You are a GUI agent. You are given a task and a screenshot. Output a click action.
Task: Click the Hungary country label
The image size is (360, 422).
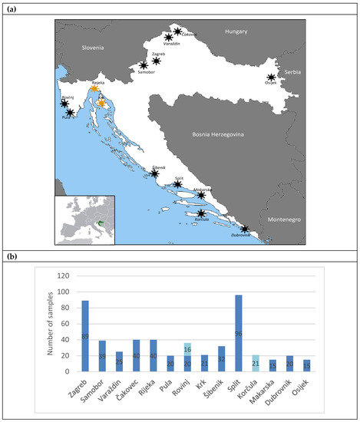tap(236, 31)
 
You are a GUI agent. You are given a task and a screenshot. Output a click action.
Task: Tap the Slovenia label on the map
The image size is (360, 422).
tap(97, 47)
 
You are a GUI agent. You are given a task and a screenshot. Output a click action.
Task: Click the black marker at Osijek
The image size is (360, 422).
tap(271, 77)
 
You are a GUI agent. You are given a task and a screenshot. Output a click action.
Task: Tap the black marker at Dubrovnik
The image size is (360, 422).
tap(244, 229)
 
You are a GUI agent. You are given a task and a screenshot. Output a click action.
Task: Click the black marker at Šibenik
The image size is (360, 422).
tap(154, 174)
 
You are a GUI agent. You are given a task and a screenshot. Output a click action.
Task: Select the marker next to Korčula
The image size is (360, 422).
tap(201, 214)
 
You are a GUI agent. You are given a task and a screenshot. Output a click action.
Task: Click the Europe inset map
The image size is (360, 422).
tap(84, 219)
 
